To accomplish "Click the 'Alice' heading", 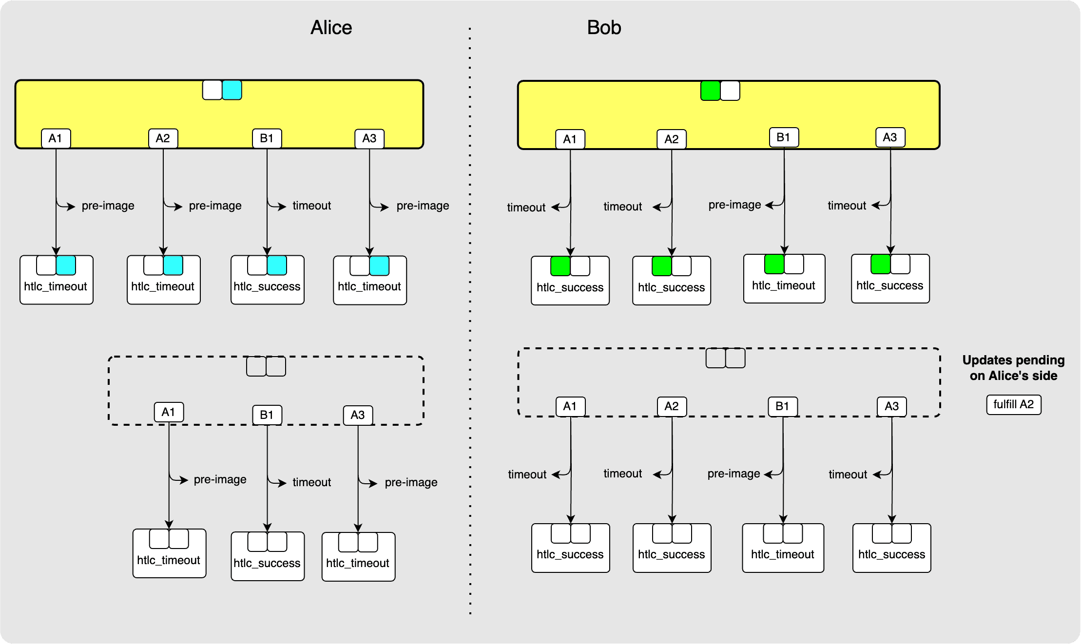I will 331,28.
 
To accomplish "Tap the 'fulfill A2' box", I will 1013,404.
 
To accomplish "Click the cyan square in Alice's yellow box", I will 232,90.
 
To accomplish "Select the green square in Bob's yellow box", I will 710,91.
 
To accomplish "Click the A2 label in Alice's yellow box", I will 163,138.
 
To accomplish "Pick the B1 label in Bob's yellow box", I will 783,137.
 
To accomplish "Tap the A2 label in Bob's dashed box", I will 671,406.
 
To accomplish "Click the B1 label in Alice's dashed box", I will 267,415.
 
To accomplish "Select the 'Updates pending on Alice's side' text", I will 1013,368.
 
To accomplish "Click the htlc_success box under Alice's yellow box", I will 267,286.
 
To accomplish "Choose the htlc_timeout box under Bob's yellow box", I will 784,285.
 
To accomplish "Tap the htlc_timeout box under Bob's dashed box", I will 783,554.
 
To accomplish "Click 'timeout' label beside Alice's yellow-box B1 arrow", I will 311,206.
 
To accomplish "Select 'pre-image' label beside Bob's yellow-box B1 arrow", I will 734,205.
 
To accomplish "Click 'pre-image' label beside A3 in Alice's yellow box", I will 423,206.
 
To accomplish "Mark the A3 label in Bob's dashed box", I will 891,406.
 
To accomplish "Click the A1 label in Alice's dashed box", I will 168,412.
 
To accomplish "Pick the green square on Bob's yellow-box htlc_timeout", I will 774,264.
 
